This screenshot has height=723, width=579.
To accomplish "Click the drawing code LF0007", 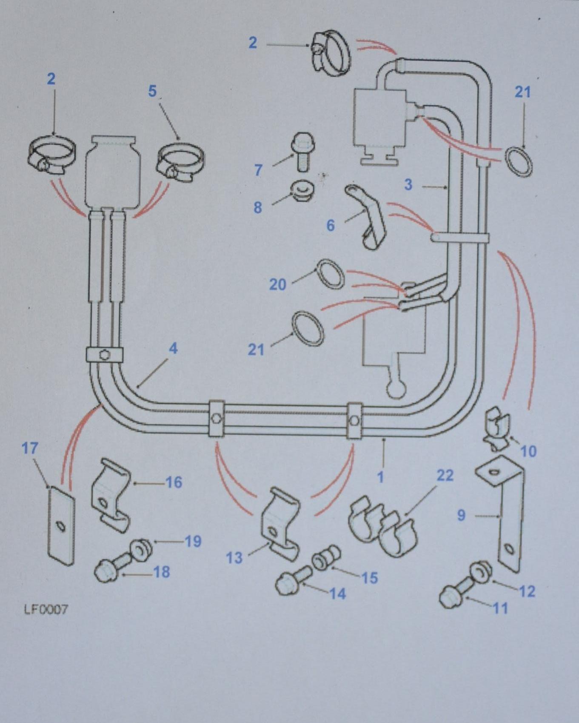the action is pos(46,610).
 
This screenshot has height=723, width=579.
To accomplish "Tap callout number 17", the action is pos(30,448).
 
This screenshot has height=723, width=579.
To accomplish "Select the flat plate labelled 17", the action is pos(60,526).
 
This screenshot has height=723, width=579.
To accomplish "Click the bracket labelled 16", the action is pos(110,495).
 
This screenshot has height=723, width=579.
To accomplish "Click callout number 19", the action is pos(193,541).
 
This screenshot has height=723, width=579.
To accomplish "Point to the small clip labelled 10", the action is pos(496,430).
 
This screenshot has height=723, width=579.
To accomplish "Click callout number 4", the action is pos(173,349).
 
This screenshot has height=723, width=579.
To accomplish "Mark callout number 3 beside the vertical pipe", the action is pos(408,185).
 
